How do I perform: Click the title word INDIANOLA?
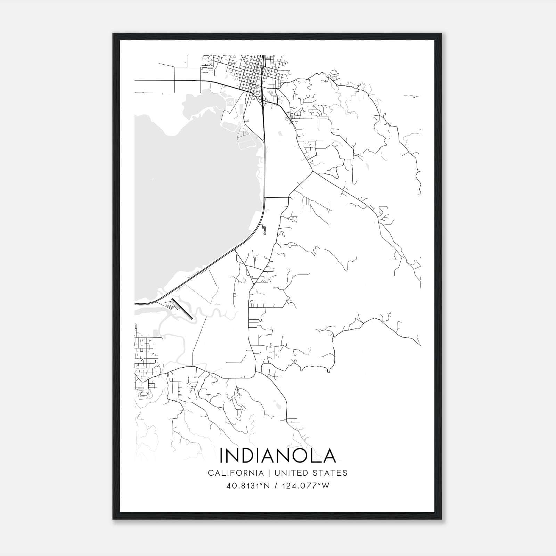pyautogui.click(x=278, y=456)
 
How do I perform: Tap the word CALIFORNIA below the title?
pyautogui.click(x=235, y=473)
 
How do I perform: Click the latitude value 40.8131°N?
pyautogui.click(x=248, y=486)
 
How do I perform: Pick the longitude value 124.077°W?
pyautogui.click(x=306, y=486)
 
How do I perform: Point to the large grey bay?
pyautogui.click(x=195, y=202)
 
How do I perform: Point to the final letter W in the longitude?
pyautogui.click(x=326, y=486)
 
